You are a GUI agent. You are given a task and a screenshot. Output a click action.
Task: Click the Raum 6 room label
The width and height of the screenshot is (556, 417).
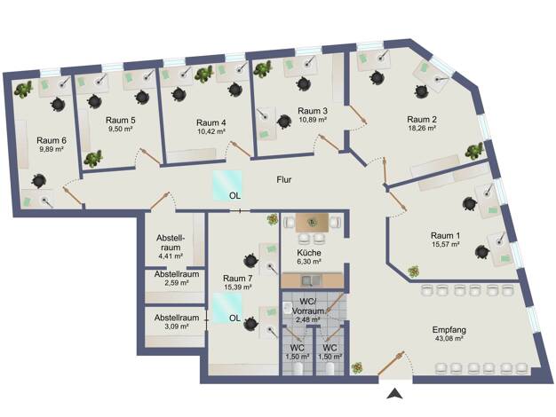tap(52, 139)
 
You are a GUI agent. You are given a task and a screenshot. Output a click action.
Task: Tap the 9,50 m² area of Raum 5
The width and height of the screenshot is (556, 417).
tap(120, 130)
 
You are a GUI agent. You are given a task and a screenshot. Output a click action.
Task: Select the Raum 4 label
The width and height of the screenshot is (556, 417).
tap(211, 122)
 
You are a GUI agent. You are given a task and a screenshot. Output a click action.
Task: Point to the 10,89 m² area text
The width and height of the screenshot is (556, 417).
tap(314, 121)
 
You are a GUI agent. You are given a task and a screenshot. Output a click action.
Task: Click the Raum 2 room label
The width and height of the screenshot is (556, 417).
tap(422, 119)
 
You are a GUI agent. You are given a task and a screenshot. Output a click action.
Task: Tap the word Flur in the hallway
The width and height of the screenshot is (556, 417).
tap(284, 180)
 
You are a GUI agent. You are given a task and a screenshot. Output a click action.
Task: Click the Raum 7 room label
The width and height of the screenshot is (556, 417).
tap(239, 277)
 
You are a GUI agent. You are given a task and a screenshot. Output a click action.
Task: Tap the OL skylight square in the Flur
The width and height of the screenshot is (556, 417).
tap(226, 185)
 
